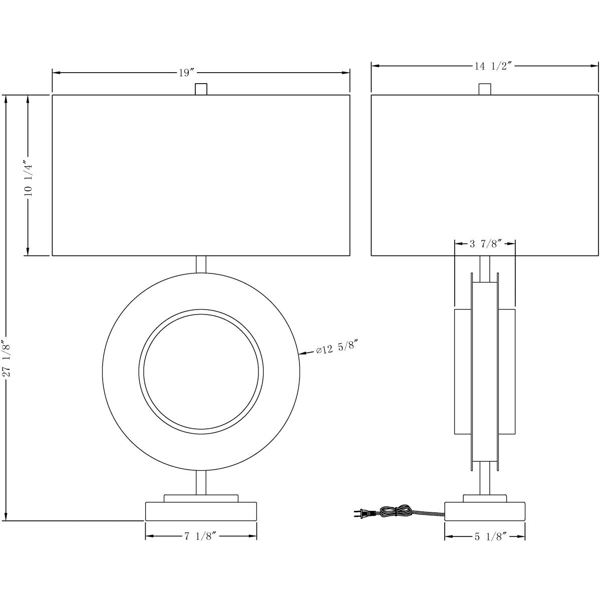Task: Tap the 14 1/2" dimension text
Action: (x=493, y=66)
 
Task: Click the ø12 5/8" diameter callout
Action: (x=336, y=349)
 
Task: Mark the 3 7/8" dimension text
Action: (x=485, y=244)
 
